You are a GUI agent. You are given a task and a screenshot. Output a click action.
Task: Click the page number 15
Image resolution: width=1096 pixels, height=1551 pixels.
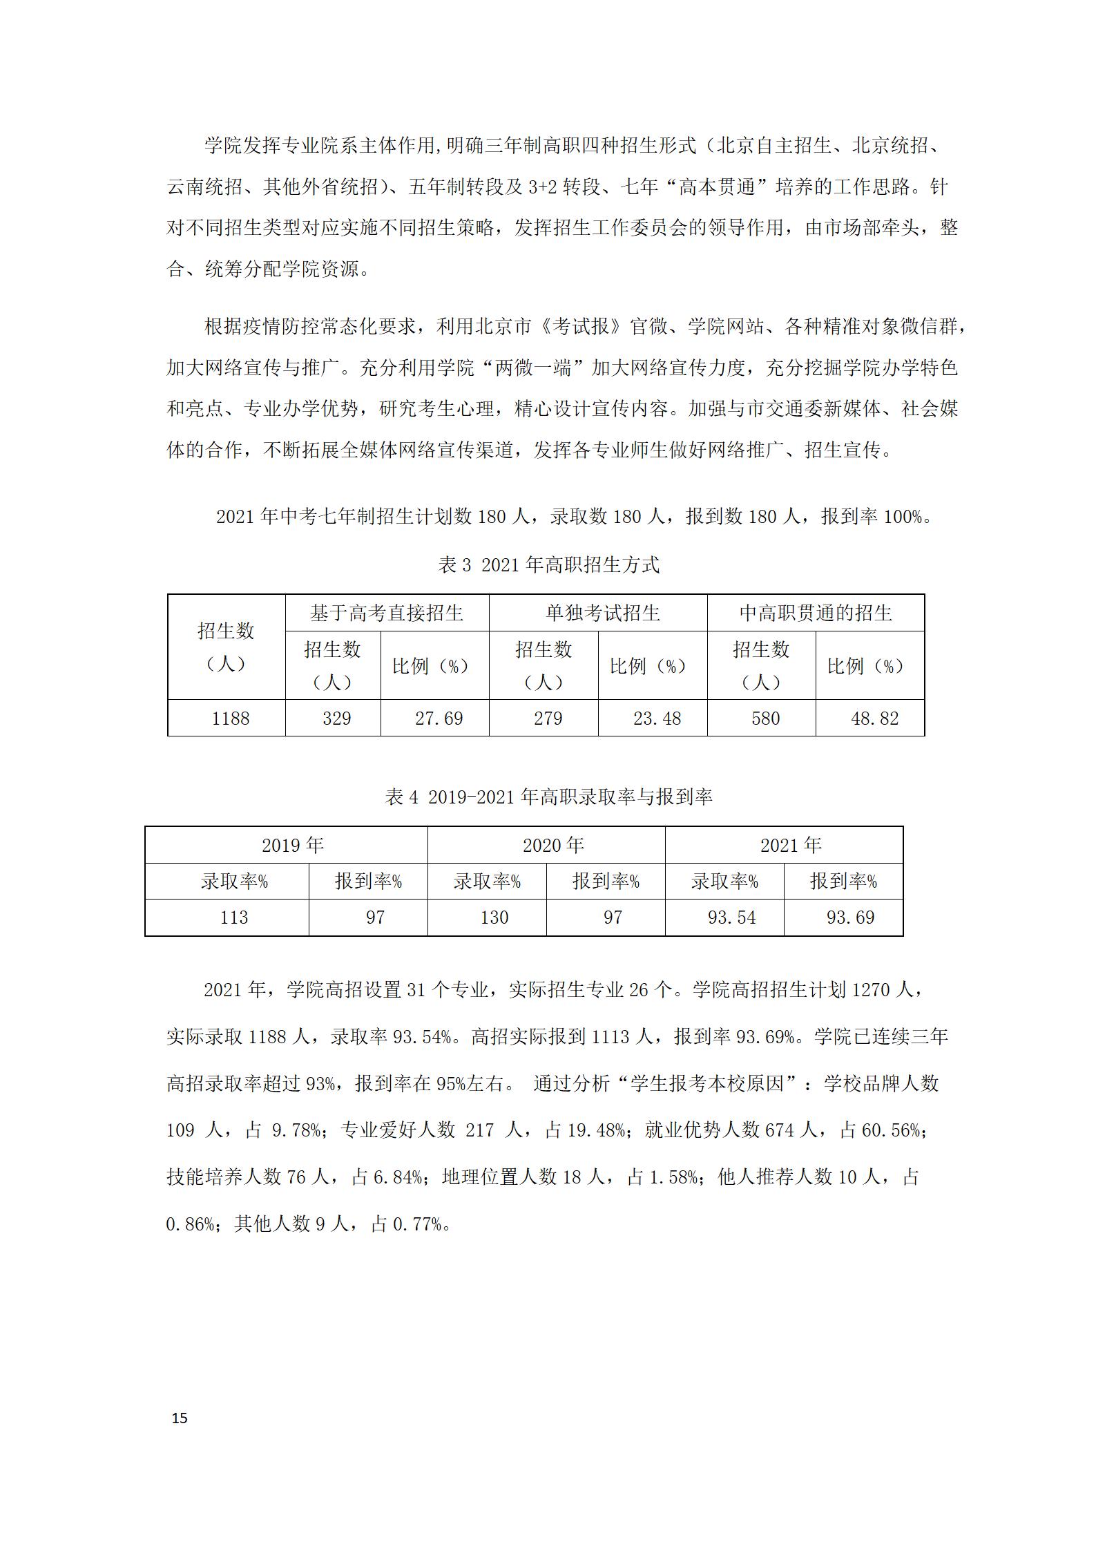click(x=180, y=1418)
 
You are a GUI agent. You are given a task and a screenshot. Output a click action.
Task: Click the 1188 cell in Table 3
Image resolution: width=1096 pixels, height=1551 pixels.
click(x=231, y=719)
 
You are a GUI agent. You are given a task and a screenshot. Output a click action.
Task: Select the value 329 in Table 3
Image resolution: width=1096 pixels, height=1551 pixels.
click(x=336, y=719)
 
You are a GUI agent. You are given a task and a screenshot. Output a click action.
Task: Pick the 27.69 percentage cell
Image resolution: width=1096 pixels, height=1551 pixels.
click(x=439, y=719)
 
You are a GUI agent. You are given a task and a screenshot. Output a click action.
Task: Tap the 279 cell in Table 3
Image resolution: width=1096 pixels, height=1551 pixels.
click(x=548, y=719)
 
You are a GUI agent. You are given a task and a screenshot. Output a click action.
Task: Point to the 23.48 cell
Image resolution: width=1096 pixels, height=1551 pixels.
click(x=657, y=719)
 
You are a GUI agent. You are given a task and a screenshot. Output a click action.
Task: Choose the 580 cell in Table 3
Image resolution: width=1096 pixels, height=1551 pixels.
click(x=765, y=719)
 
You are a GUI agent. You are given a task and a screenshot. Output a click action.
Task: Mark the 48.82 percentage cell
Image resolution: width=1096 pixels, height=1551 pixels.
click(x=874, y=719)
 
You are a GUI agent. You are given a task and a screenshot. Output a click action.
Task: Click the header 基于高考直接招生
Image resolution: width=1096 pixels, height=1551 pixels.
click(x=387, y=613)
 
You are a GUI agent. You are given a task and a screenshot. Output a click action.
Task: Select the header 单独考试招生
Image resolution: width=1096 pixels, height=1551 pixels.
click(x=603, y=613)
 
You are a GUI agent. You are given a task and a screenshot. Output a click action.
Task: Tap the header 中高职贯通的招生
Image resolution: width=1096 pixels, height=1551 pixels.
click(x=816, y=613)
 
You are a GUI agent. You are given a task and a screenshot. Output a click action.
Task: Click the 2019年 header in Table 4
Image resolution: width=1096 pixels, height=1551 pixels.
click(x=293, y=845)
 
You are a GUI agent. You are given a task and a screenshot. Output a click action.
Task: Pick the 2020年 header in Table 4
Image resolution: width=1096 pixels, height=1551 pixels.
click(x=553, y=845)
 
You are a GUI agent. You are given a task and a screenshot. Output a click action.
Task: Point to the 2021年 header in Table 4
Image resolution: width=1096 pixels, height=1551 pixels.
click(x=791, y=845)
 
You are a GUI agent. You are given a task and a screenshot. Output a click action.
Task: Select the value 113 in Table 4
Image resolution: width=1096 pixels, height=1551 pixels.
click(x=233, y=917)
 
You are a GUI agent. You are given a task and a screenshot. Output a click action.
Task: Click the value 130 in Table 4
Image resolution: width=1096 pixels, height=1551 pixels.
click(x=494, y=917)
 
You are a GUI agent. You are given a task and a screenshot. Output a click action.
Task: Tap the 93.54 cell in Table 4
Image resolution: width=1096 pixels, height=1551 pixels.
click(x=731, y=917)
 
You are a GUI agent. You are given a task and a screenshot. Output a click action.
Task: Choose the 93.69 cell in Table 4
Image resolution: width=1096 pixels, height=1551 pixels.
click(x=850, y=917)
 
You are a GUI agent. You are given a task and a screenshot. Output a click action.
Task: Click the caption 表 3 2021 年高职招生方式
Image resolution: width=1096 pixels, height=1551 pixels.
click(x=548, y=565)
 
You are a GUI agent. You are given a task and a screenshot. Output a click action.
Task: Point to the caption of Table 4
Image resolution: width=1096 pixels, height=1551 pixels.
click(x=548, y=797)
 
